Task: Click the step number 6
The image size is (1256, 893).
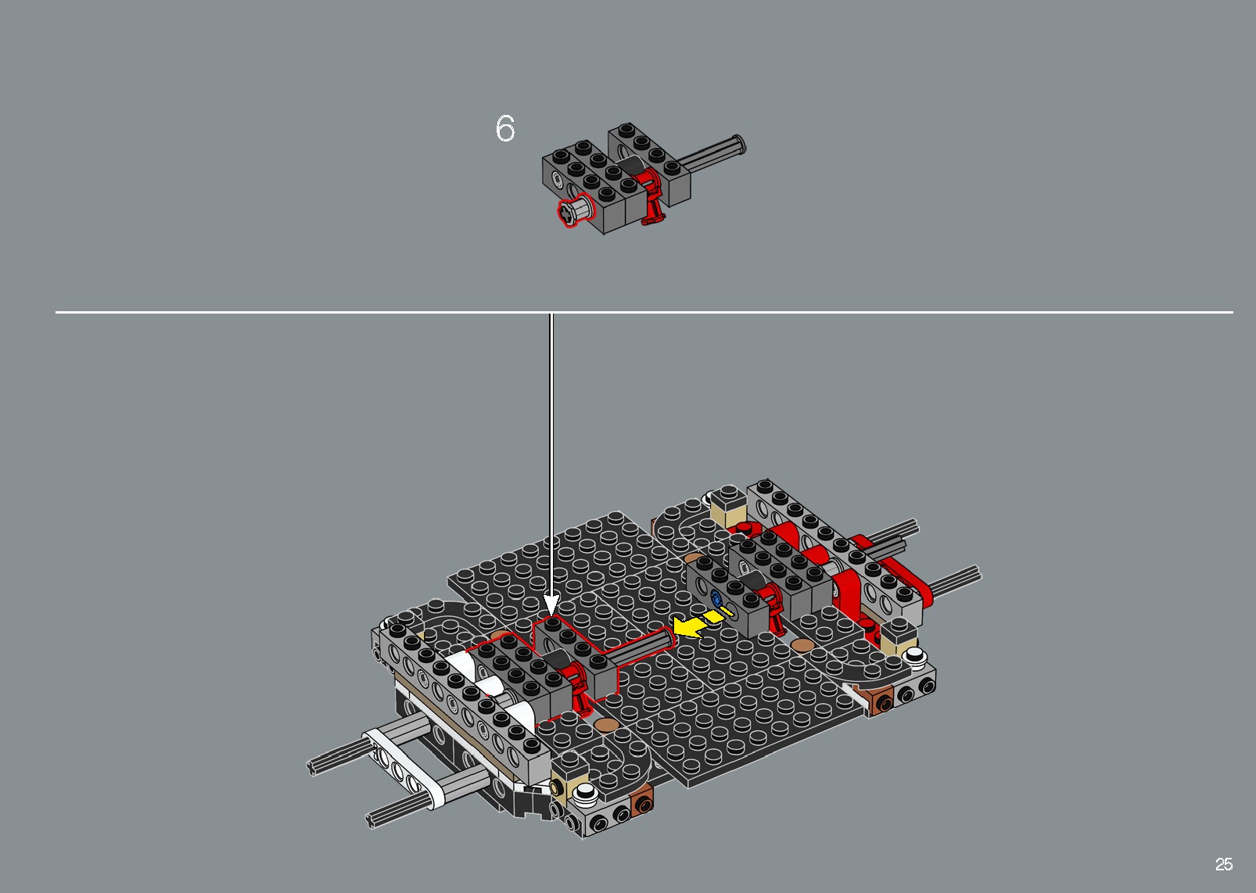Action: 505,129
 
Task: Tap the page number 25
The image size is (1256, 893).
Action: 1223,864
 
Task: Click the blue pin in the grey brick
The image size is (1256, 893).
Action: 716,598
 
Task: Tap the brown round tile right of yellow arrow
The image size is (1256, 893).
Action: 802,645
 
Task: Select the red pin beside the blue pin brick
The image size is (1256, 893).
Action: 775,609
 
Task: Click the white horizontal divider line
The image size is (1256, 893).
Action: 860,312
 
